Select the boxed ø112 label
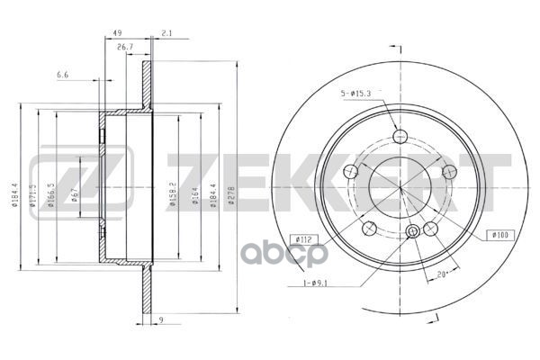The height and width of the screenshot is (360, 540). click(302, 239)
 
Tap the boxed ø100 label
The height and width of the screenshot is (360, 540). click(499, 235)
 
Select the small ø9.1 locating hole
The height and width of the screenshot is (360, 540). click(413, 232)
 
